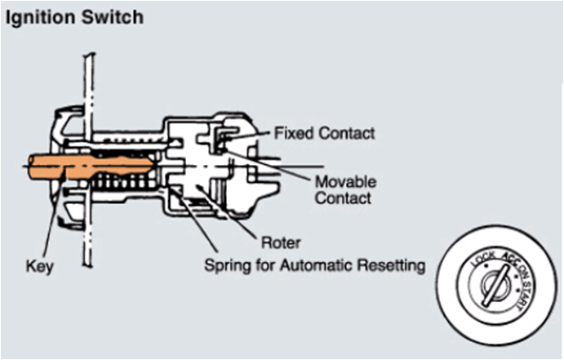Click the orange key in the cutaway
(90, 168)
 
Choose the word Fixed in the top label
(289, 131)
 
